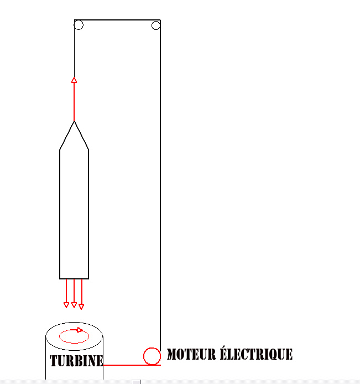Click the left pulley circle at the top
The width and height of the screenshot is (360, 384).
coord(79,25)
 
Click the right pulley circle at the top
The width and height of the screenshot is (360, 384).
coord(155,25)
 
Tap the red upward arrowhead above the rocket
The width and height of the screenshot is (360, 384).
coord(74,80)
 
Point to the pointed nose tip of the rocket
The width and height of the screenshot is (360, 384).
coord(74,122)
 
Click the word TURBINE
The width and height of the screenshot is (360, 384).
coord(76,361)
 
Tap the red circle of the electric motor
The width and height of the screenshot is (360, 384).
coord(151,356)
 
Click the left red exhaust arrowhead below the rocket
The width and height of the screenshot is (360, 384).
coord(66,305)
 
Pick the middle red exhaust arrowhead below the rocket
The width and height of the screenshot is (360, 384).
coord(74,305)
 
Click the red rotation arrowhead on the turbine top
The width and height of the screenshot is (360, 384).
coord(80,330)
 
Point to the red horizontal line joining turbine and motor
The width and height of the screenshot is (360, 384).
coord(124,365)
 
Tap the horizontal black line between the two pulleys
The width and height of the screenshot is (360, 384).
coord(117,20)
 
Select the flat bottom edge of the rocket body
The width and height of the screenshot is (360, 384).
coord(74,278)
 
